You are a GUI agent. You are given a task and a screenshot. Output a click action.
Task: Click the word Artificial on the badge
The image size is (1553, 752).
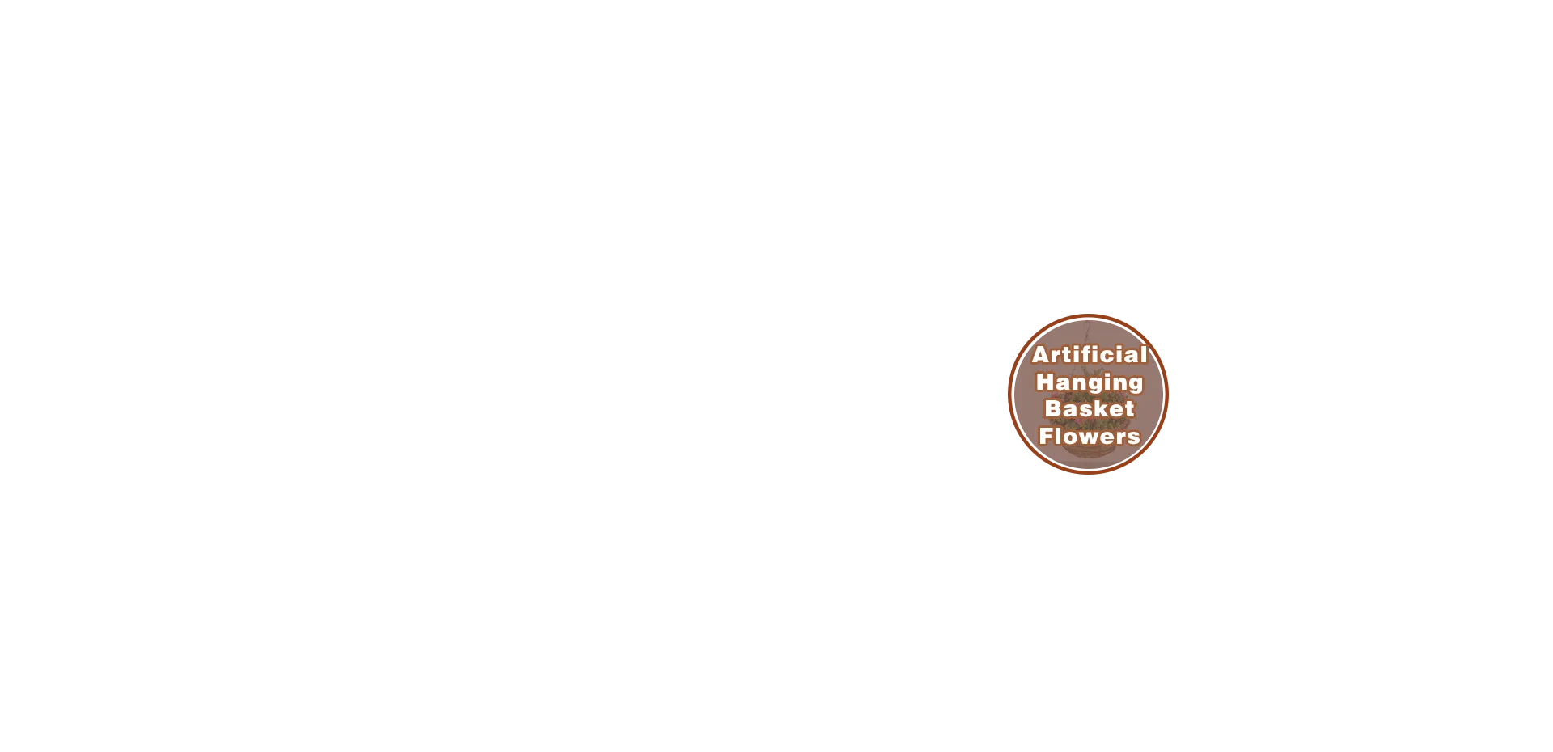(1089, 354)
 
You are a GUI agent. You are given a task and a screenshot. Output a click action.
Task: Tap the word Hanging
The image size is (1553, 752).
(1089, 382)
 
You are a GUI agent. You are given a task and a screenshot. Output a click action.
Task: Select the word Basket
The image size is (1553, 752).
(1089, 408)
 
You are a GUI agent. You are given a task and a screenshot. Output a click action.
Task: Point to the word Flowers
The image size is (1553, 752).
(1089, 436)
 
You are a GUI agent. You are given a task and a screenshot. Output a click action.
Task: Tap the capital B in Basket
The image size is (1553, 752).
(1052, 408)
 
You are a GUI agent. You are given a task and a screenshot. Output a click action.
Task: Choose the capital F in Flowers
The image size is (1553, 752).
(1045, 436)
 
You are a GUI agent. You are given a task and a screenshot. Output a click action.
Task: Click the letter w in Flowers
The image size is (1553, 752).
(1084, 437)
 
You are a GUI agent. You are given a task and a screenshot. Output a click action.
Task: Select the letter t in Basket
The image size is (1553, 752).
(1128, 409)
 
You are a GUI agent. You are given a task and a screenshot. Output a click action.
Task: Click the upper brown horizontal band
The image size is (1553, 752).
(1359, 342)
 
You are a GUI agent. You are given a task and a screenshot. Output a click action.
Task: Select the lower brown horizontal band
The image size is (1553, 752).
(1359, 449)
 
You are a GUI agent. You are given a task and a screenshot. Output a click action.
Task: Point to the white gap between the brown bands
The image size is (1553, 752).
(1359, 395)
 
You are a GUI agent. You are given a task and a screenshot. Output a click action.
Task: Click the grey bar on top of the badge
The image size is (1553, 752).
(1086, 314)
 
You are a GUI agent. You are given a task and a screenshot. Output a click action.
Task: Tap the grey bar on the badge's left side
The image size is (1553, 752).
(1006, 395)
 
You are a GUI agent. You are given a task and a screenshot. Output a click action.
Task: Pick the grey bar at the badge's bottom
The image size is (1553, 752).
(1090, 475)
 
